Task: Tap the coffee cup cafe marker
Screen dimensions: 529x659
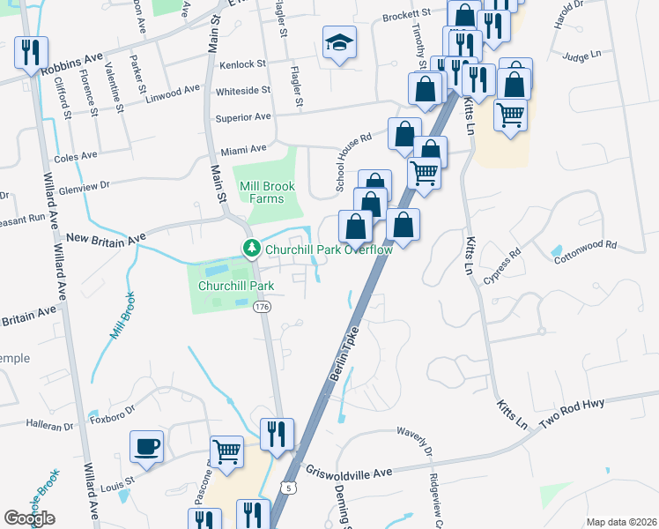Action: pyautogui.click(x=146, y=445)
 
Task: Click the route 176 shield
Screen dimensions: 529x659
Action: pyautogui.click(x=261, y=307)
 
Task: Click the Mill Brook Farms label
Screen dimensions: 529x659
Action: pyautogui.click(x=262, y=192)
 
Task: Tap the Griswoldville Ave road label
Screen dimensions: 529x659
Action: pyautogui.click(x=347, y=473)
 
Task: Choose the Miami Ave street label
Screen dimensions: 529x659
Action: pyautogui.click(x=244, y=149)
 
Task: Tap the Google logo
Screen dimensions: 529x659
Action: pyautogui.click(x=29, y=518)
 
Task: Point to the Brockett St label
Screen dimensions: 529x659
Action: pyautogui.click(x=407, y=14)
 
